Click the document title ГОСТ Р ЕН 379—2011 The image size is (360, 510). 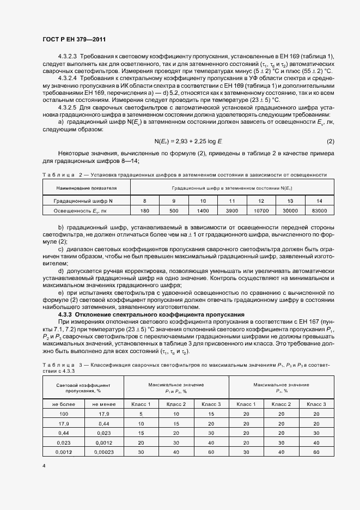point(74,40)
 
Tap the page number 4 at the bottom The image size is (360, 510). point(44,466)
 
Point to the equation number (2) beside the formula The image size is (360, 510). point(330,142)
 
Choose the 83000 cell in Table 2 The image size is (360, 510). point(320,210)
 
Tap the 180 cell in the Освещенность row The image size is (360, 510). point(144,210)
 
